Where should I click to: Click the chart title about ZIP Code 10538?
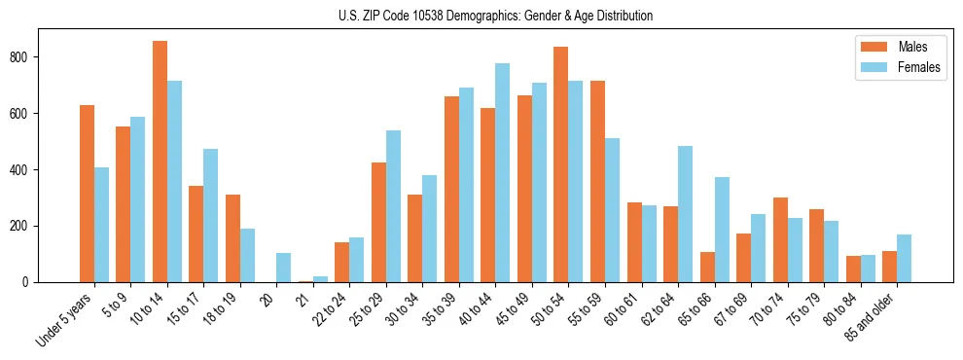click(x=481, y=17)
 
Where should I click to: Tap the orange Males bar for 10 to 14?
click(x=160, y=162)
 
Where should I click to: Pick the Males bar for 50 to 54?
click(x=561, y=164)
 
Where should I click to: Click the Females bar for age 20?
click(x=284, y=268)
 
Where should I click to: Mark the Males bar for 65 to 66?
click(x=707, y=268)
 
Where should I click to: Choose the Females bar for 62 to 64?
click(x=685, y=214)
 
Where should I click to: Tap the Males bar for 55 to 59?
click(x=597, y=181)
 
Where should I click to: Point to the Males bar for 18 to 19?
click(x=232, y=238)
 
